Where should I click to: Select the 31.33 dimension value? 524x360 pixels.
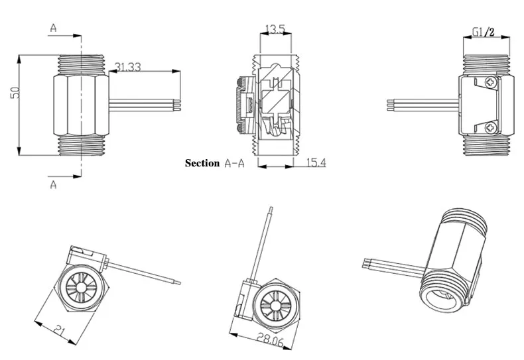(x=128, y=67)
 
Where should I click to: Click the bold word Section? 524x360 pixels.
(x=202, y=163)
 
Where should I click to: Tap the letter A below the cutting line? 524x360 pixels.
(x=54, y=185)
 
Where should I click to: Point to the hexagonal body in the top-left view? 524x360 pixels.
(x=81, y=103)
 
